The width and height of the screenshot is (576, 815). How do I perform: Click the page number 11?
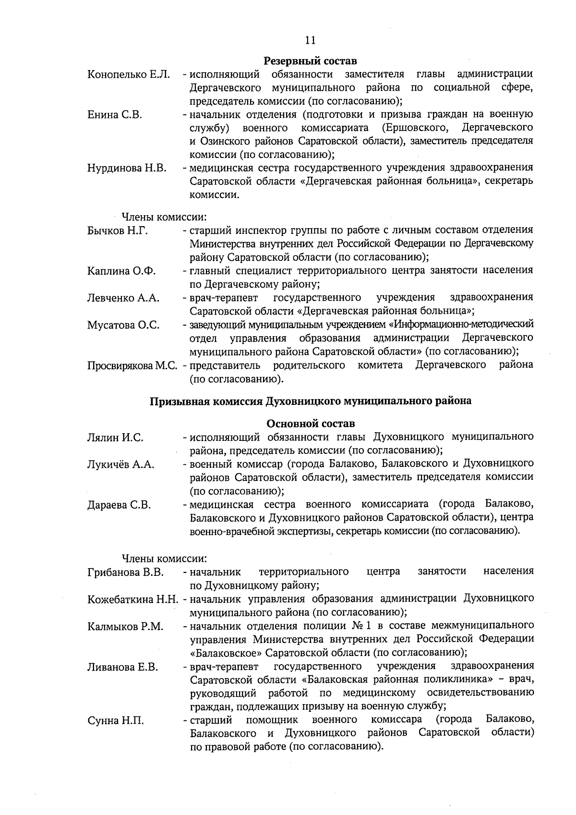click(x=310, y=40)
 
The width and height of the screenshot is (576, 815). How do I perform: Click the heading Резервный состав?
click(x=311, y=61)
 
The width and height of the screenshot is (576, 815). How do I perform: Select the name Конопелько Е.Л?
click(x=128, y=74)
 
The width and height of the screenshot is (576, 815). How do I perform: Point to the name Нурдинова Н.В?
click(x=127, y=168)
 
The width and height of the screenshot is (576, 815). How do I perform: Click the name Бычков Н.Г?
click(x=117, y=231)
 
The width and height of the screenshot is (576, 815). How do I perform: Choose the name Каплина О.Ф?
click(x=121, y=271)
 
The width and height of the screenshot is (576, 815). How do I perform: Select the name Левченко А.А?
click(x=123, y=298)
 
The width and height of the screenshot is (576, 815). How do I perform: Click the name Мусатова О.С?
click(x=123, y=325)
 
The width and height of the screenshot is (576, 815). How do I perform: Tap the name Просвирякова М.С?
click(x=133, y=365)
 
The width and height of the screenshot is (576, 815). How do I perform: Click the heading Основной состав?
click(x=311, y=424)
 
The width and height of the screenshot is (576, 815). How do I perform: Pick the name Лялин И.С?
click(x=115, y=438)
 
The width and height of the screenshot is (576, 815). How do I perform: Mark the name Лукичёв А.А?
click(x=120, y=464)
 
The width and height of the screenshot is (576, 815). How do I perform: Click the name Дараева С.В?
click(x=119, y=505)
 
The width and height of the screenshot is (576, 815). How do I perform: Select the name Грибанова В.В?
click(x=126, y=572)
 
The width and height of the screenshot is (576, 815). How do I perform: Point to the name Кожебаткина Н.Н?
click(x=133, y=599)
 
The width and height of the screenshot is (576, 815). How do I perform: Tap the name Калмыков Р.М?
click(x=125, y=626)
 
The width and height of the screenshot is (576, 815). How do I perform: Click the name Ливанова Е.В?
click(x=123, y=667)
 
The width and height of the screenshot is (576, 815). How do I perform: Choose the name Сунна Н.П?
click(x=115, y=721)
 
